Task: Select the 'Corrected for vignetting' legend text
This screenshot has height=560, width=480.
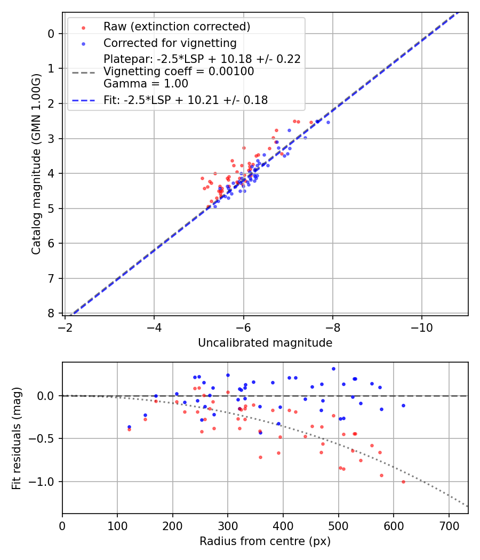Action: click(x=170, y=43)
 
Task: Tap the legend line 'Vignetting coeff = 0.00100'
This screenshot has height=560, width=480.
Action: click(x=179, y=71)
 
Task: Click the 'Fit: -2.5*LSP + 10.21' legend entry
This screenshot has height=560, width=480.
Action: click(x=185, y=100)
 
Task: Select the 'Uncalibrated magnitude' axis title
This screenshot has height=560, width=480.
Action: click(x=265, y=343)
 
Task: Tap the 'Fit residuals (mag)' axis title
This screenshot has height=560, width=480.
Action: click(x=17, y=438)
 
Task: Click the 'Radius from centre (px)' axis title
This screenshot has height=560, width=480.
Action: click(x=265, y=541)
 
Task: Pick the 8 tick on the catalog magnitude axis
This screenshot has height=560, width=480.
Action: click(x=51, y=313)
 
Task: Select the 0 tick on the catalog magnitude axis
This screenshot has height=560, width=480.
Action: click(x=51, y=34)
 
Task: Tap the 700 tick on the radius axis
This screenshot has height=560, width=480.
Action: click(x=449, y=525)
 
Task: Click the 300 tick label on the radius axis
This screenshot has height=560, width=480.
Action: click(x=228, y=525)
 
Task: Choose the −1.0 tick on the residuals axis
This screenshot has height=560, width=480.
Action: click(x=45, y=482)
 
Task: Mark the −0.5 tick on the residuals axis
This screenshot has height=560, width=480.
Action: click(x=45, y=438)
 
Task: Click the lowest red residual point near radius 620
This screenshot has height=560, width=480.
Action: click(x=403, y=482)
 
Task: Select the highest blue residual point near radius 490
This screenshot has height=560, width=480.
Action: click(x=333, y=369)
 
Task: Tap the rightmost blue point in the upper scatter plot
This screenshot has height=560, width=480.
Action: click(x=328, y=122)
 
